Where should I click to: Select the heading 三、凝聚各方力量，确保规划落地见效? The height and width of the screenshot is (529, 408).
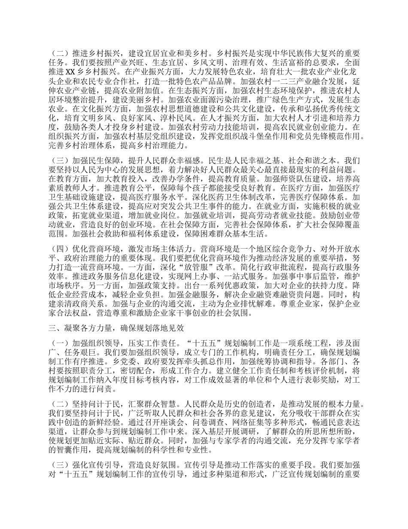click(x=116, y=328)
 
